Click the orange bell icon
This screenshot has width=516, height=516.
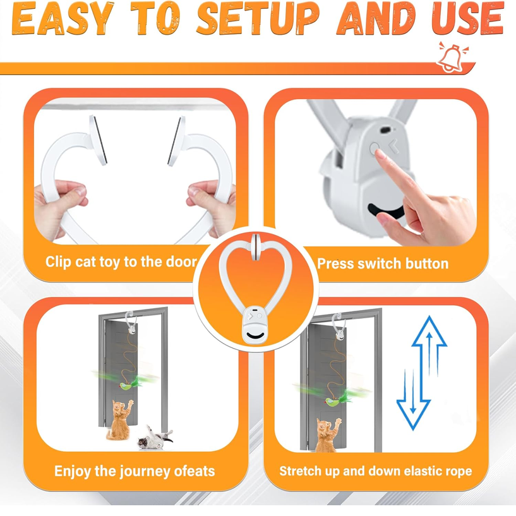tap(450, 57)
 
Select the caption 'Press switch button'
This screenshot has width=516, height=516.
tap(383, 263)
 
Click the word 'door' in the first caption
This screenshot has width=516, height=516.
tap(181, 261)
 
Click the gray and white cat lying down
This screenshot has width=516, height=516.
tap(154, 437)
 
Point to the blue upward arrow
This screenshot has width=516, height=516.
tap(429, 354)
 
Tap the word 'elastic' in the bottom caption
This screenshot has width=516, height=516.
tap(402, 471)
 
